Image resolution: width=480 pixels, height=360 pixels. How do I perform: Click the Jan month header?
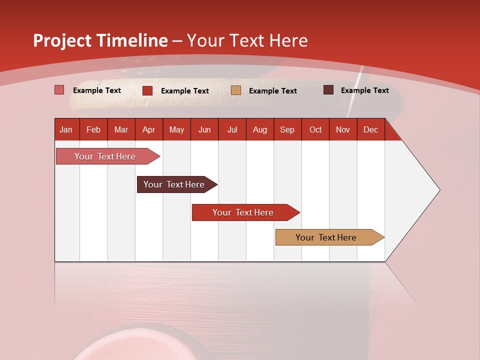click(x=66, y=129)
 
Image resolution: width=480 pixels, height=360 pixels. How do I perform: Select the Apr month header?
click(x=149, y=129)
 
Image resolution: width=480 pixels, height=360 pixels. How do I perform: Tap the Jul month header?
click(x=232, y=129)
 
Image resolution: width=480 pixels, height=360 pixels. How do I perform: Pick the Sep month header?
click(x=287, y=129)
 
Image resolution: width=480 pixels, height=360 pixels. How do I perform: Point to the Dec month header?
click(x=370, y=129)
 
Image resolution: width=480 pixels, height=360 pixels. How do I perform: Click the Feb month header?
click(x=93, y=129)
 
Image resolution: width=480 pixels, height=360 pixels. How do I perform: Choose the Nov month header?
click(x=343, y=129)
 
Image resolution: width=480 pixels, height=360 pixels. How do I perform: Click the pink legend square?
click(x=59, y=90)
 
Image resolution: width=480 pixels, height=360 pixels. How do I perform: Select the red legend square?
click(x=147, y=90)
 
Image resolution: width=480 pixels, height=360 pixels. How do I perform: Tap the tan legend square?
click(x=236, y=90)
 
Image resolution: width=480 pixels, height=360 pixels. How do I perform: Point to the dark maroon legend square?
click(x=328, y=90)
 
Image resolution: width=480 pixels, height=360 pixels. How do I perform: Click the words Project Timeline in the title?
click(x=100, y=40)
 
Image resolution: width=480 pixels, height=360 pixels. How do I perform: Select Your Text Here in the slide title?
click(x=247, y=40)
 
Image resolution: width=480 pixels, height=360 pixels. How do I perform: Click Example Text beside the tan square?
click(x=272, y=90)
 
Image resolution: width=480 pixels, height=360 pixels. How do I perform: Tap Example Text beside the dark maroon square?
click(x=364, y=90)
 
